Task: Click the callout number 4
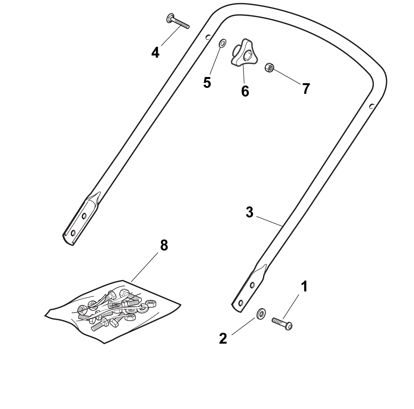click(x=155, y=52)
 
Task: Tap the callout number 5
click(x=207, y=82)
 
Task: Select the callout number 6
click(x=245, y=91)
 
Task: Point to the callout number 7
click(x=306, y=88)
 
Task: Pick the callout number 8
click(x=164, y=245)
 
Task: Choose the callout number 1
click(x=304, y=286)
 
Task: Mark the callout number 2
click(x=223, y=339)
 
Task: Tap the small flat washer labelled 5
click(x=222, y=43)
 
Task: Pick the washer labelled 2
click(x=261, y=314)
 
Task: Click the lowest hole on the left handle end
click(x=73, y=233)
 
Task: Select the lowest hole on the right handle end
click(x=240, y=302)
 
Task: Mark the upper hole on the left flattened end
click(x=84, y=216)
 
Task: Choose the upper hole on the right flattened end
click(x=252, y=285)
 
